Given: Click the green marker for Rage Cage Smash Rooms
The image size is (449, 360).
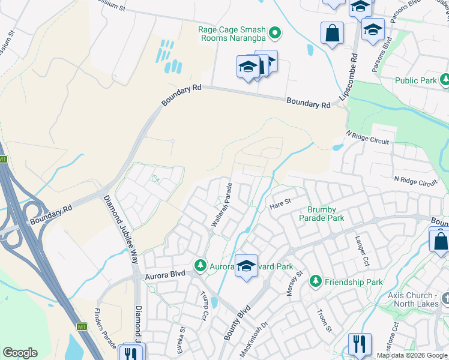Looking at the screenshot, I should (275, 32).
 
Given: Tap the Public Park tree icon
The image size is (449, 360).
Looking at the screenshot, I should (445, 80).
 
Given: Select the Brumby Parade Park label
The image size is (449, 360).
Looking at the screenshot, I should (326, 214).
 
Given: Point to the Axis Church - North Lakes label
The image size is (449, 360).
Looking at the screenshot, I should (418, 299).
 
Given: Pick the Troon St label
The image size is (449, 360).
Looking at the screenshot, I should (324, 322).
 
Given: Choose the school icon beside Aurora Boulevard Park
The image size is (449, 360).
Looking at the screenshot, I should (246, 265).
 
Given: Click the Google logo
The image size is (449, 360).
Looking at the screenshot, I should (20, 353).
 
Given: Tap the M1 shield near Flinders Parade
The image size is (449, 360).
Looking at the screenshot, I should (82, 327).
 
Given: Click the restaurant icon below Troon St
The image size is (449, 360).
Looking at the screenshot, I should (360, 344).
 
